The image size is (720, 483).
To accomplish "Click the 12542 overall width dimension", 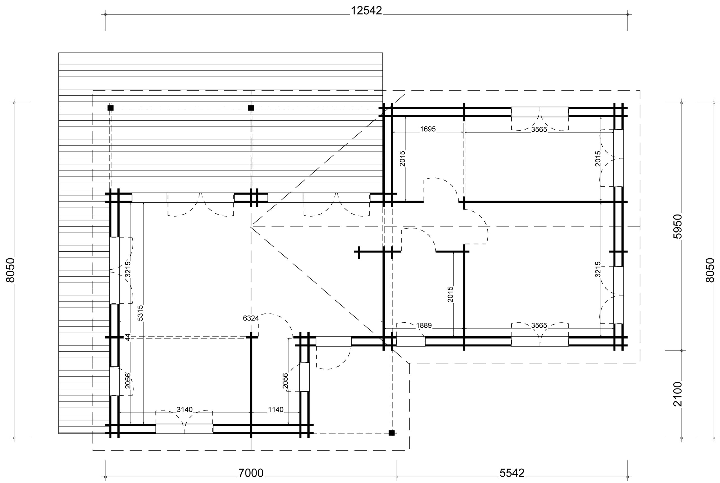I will [366, 11].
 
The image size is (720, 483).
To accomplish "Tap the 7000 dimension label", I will [251, 473].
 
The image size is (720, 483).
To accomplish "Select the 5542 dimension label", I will [512, 473].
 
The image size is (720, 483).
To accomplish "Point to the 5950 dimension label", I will [678, 226].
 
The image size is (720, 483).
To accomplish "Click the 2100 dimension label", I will [678, 394].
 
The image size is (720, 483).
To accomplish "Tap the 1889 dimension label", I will [424, 326].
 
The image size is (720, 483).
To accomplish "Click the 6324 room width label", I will [251, 318].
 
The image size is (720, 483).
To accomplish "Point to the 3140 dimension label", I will [184, 410].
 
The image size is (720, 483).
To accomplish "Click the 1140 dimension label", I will [275, 410].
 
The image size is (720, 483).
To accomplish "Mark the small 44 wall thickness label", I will [128, 337].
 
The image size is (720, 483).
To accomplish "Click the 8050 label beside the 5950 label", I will [710, 270].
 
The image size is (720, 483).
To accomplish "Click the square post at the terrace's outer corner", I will [111, 108].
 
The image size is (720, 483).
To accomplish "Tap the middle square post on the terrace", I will [251, 108].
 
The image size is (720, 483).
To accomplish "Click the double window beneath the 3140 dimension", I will [184, 429].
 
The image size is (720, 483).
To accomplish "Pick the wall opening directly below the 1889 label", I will [410, 341].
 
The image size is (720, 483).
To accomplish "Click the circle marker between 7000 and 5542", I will [397, 477].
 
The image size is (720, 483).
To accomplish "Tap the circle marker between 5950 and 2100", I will [681, 351].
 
